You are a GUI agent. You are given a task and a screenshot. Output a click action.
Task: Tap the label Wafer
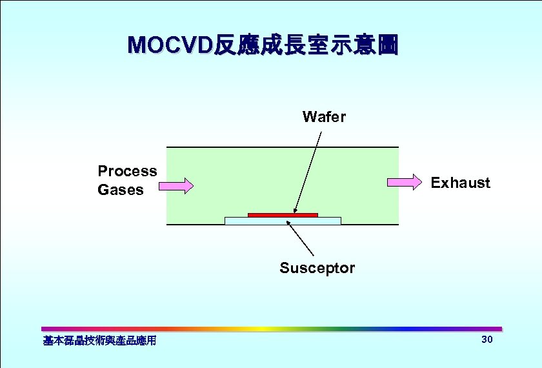pos(324,117)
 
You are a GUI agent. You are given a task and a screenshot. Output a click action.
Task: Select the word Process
pos(127,171)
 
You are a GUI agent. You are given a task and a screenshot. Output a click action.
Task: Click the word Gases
pos(121,190)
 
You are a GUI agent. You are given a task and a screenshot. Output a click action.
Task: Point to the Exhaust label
pos(460,183)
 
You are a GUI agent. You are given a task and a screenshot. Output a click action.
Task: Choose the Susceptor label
pos(317,268)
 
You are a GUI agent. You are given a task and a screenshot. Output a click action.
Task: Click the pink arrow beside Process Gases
pos(176,186)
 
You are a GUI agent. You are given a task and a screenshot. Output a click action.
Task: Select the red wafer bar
pos(283,214)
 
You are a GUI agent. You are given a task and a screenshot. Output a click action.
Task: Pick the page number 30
pos(487,340)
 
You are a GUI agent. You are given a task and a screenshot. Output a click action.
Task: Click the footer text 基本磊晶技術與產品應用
pos(99,340)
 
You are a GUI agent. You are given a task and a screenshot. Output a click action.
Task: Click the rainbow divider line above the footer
pos(271,329)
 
